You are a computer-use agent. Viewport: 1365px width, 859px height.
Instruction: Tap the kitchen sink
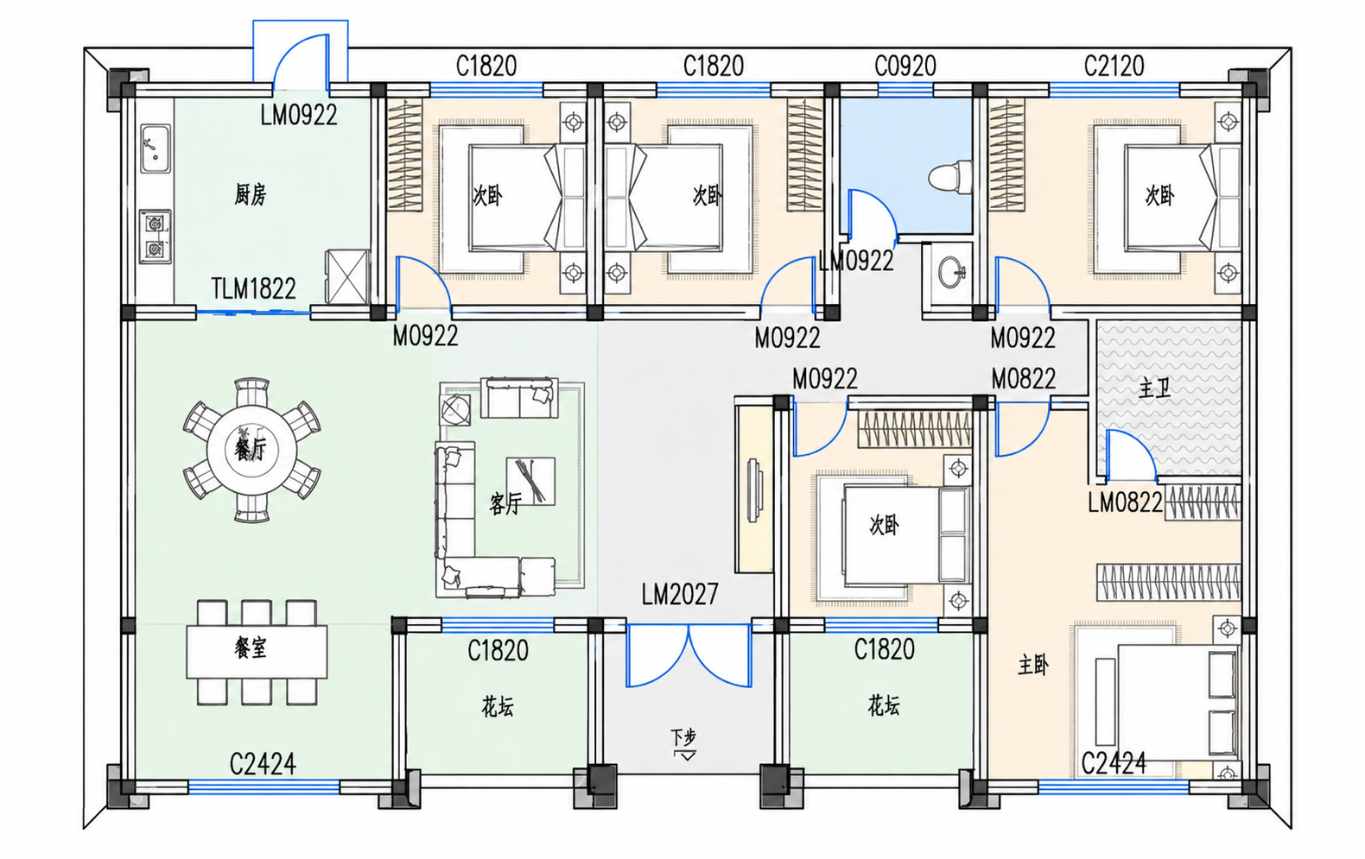[156, 148]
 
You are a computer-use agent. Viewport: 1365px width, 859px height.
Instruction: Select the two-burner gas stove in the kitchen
[155, 237]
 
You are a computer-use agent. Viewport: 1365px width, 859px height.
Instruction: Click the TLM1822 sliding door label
[253, 288]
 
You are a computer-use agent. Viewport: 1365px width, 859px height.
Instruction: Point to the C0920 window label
[905, 66]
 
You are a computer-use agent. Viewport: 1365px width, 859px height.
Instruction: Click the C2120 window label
[1114, 66]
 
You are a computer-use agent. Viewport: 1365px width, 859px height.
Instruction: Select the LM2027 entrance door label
[680, 594]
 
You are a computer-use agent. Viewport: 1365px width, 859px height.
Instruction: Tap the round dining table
[251, 450]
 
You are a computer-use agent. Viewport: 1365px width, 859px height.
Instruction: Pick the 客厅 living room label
[505, 503]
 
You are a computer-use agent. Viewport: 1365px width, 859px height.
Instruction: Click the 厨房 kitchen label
[251, 195]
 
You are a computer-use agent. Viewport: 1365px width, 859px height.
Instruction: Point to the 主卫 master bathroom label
[1155, 388]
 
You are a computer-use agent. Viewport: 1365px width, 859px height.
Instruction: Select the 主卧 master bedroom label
[1033, 666]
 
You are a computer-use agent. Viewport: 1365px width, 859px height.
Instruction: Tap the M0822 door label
[1024, 379]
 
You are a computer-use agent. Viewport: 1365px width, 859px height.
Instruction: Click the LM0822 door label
[1126, 502]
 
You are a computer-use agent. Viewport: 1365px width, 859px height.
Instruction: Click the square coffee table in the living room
[530, 481]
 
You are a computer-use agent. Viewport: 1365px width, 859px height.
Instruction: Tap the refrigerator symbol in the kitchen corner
[347, 276]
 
